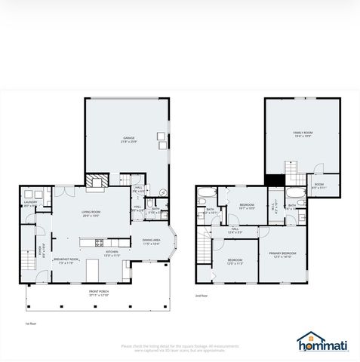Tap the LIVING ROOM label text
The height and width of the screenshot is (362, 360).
91,213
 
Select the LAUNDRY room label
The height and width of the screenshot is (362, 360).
30,203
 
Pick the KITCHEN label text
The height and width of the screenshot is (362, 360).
112,253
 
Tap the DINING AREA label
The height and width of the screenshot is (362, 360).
151,242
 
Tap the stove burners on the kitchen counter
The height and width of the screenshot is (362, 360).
99,242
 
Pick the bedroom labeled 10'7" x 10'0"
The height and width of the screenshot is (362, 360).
247,206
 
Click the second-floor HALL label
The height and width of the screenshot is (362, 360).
235,230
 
